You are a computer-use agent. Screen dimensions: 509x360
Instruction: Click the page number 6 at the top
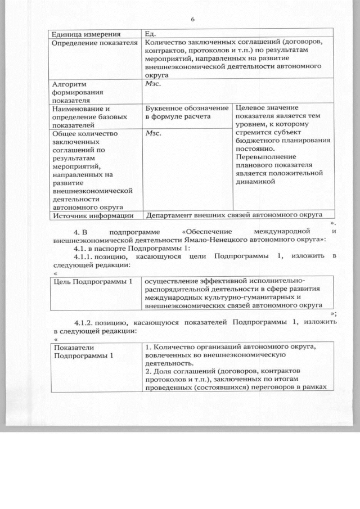[192, 19]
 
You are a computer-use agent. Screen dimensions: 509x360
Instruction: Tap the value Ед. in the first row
[150, 33]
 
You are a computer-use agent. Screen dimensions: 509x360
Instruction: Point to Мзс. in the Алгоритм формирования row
[153, 83]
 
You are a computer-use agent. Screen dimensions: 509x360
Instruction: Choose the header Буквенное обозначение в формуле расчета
[186, 112]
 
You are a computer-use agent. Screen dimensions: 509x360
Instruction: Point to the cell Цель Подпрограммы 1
[92, 281]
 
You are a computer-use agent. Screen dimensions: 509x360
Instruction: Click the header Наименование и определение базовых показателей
[82, 116]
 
